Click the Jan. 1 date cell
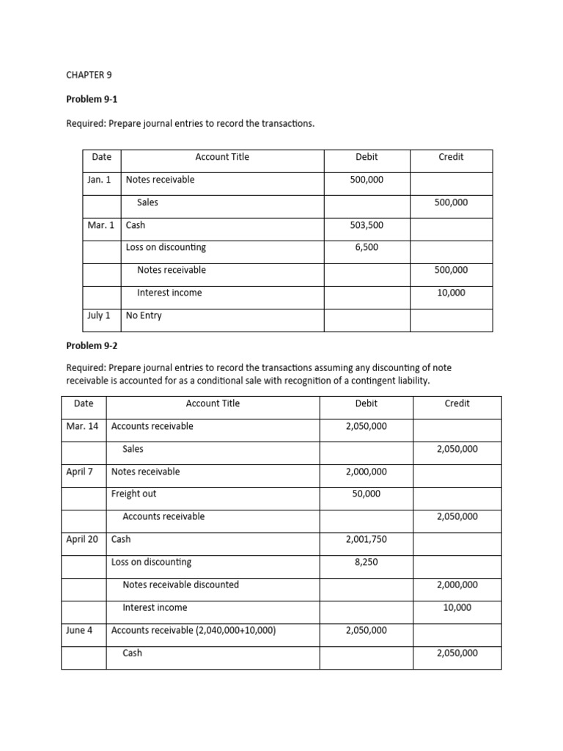click(99, 180)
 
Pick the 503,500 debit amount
click(367, 225)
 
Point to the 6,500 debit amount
click(367, 247)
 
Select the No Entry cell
click(144, 315)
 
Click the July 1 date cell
click(99, 315)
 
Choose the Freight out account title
click(133, 494)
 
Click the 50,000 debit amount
click(367, 494)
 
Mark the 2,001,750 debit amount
click(367, 539)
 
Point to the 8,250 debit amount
click(367, 562)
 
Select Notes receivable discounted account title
click(180, 585)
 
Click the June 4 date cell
click(79, 630)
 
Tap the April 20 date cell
click(82, 539)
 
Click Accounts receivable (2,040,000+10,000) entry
click(194, 630)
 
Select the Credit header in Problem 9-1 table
click(451, 157)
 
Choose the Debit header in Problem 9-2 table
click(367, 403)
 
